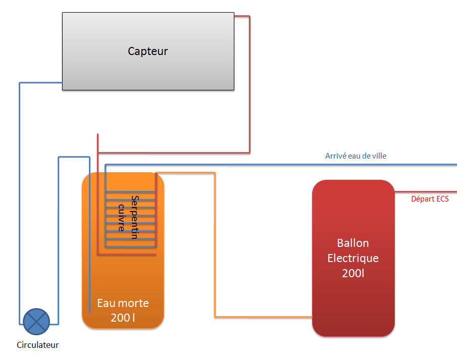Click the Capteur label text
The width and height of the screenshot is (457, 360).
(x=147, y=51)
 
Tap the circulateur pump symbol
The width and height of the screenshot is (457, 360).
(x=36, y=322)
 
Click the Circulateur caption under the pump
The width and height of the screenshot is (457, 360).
(x=38, y=345)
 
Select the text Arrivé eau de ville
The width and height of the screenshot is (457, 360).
(x=356, y=156)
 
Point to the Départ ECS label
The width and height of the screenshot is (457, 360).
(x=430, y=199)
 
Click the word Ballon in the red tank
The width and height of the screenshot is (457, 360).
(x=353, y=243)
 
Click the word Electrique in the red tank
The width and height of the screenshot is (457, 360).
(x=353, y=258)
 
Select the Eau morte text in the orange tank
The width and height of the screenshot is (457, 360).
(x=123, y=303)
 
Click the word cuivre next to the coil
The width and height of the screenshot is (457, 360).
(x=121, y=218)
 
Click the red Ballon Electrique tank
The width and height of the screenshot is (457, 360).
(x=353, y=303)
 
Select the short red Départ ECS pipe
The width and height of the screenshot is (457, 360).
(x=425, y=192)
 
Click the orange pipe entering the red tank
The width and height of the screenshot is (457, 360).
(x=263, y=317)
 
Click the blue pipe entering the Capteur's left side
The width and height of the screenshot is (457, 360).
(x=40, y=83)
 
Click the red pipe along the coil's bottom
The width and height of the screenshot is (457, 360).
(x=126, y=254)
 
